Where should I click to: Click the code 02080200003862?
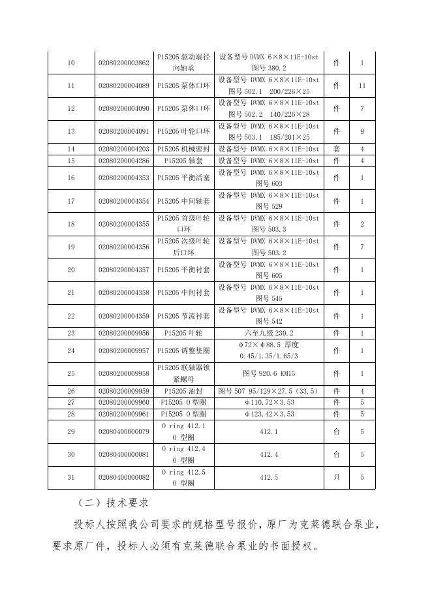click(124, 63)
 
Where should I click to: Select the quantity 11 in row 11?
click(362, 86)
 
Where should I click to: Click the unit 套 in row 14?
click(336, 149)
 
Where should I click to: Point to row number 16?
click(71, 178)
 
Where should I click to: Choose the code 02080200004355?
click(124, 224)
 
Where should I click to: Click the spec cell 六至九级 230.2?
click(268, 333)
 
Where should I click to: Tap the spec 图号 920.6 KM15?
click(268, 373)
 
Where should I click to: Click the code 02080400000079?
click(124, 431)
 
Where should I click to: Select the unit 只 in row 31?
click(336, 477)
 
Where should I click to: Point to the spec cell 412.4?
click(268, 454)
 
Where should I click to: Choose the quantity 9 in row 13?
click(362, 131)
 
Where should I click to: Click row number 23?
click(71, 333)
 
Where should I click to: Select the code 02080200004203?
click(124, 149)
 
